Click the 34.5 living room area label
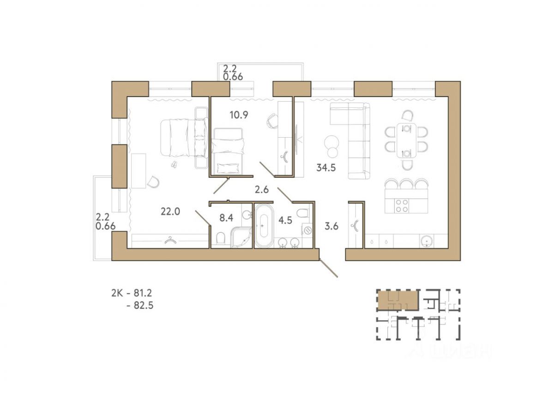326,168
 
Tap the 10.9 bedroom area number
239,115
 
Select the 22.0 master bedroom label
170,212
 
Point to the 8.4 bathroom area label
226,218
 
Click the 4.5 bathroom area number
285,220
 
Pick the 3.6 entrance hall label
331,226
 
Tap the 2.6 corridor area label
262,189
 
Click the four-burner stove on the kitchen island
402,206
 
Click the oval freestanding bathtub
264,226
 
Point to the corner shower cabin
241,237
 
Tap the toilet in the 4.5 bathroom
303,213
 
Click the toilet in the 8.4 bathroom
220,238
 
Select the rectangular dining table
406,140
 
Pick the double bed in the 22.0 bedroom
184,138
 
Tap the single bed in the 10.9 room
228,151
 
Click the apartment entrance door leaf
328,268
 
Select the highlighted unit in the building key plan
398,301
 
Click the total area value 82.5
144,305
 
